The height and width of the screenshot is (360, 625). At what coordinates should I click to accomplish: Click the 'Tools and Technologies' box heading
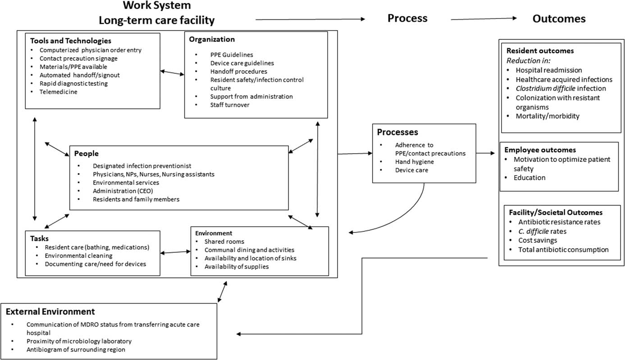(x=71, y=41)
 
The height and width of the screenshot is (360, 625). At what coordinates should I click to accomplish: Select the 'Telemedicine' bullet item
(x=58, y=92)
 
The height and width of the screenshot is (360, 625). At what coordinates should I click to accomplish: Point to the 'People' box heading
(x=86, y=154)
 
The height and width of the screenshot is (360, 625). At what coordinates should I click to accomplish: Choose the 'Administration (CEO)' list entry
(x=119, y=191)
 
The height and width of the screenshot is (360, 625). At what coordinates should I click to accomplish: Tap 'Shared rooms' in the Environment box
(x=224, y=242)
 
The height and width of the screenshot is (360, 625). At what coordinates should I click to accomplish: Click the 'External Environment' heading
(x=50, y=311)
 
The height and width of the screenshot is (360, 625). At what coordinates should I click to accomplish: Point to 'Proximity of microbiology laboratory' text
(x=79, y=341)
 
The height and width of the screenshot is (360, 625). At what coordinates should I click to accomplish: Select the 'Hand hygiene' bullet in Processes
(x=414, y=161)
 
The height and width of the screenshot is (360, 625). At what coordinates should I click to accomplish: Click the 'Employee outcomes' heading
(x=540, y=150)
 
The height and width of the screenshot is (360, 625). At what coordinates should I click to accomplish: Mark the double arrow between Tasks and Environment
(x=175, y=253)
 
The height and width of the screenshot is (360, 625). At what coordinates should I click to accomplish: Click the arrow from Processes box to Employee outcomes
(x=485, y=154)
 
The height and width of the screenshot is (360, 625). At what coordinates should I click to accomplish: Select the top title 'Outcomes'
(x=558, y=18)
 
